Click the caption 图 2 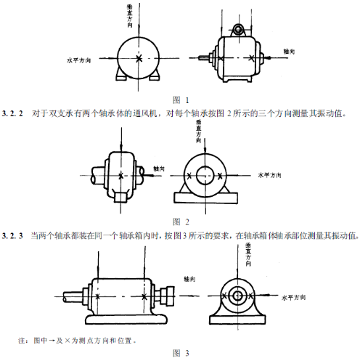(x=180, y=221)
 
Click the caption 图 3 (x=180, y=353)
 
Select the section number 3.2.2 (x=13, y=113)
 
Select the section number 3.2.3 (x=13, y=235)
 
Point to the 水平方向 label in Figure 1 (x=78, y=60)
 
